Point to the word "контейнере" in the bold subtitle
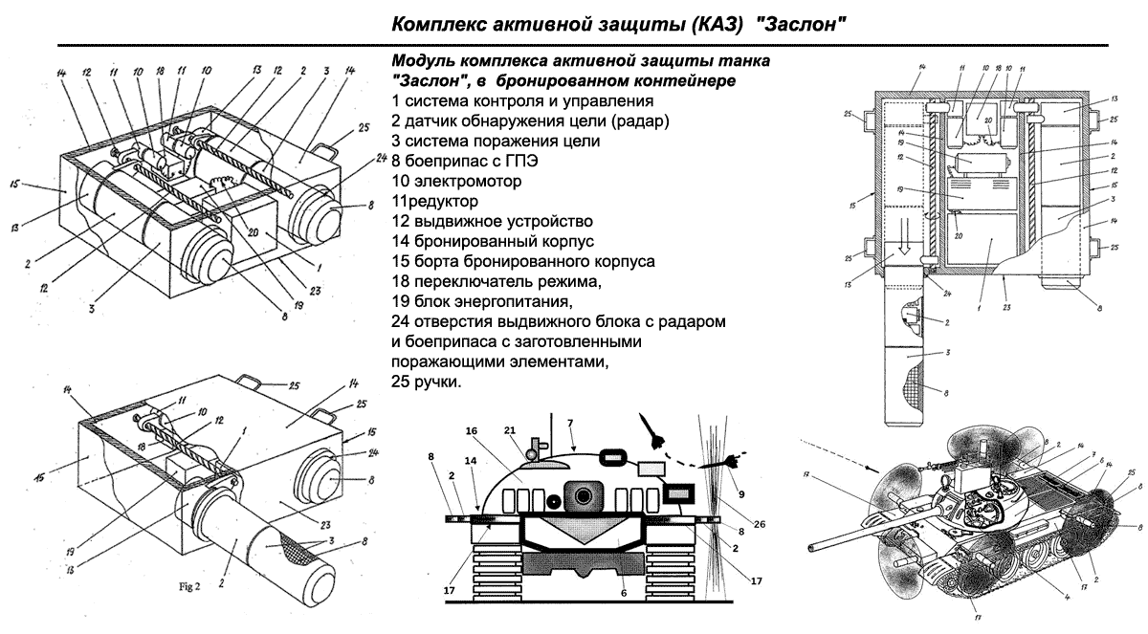click(x=688, y=80)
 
